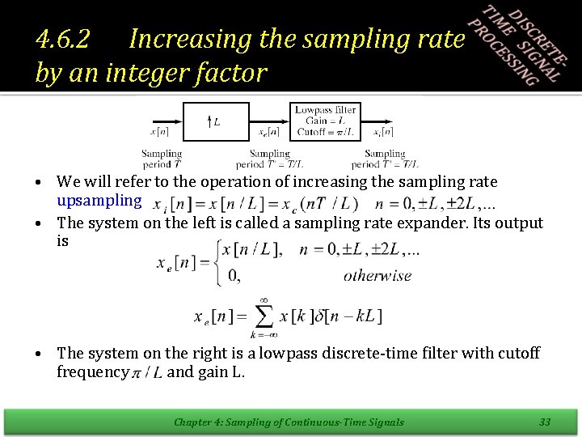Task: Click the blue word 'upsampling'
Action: click(x=99, y=199)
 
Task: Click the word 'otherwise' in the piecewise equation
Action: click(x=377, y=275)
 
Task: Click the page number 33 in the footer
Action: click(x=545, y=421)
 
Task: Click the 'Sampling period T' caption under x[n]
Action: click(x=162, y=159)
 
